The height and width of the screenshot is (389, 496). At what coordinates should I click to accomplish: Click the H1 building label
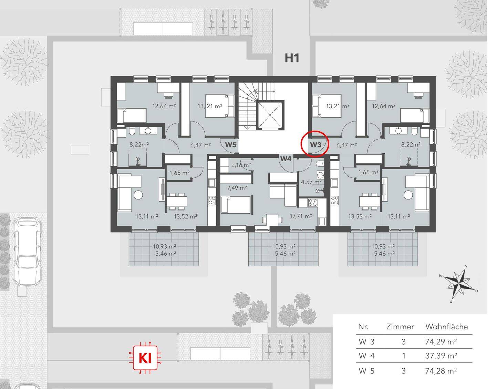point(292,58)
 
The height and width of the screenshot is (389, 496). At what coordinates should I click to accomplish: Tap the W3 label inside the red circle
point(316,144)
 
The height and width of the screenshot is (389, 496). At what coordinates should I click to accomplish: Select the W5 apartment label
point(230,145)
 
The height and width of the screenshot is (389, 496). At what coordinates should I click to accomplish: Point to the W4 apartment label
point(286,158)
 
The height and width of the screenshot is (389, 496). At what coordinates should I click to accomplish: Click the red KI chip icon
point(145,358)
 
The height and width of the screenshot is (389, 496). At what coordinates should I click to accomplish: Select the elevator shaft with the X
point(270,115)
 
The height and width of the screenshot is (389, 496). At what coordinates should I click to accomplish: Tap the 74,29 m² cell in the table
point(441,342)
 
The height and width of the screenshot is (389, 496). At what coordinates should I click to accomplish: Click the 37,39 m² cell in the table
point(441,356)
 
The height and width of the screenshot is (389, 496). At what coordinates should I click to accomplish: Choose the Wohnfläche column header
point(446,327)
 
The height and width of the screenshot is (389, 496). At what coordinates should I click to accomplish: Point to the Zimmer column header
point(400,327)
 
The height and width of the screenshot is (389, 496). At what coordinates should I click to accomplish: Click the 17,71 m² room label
point(301,216)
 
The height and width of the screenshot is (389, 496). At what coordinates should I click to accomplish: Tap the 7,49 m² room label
point(237,188)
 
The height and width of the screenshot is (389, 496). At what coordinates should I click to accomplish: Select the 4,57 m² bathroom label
point(311,182)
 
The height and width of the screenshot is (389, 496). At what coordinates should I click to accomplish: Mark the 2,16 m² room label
point(241,165)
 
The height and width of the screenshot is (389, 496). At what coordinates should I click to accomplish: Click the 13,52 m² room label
point(185,216)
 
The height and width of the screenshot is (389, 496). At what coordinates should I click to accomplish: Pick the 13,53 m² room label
point(360,216)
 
